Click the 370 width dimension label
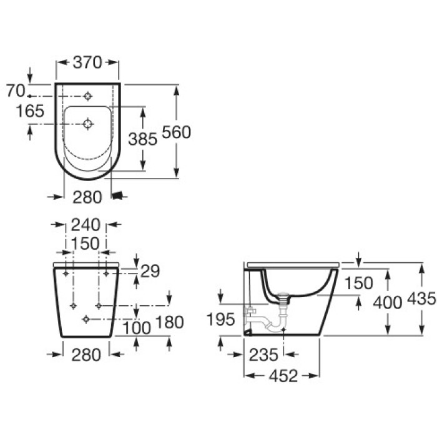(87, 62)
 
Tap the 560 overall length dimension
(177, 132)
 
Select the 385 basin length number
(142, 139)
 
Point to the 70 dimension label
(16, 91)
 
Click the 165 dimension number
(30, 111)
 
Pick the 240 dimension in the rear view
(86, 225)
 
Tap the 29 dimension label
(150, 271)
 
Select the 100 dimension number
(137, 328)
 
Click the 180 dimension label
(169, 322)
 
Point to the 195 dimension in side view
(221, 320)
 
